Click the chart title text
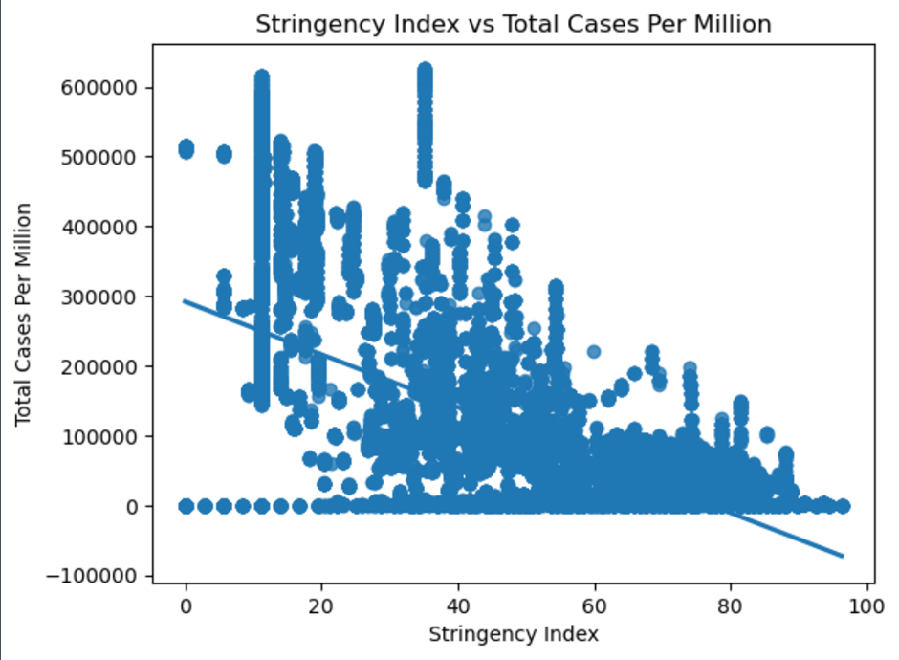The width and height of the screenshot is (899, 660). pyautogui.click(x=513, y=25)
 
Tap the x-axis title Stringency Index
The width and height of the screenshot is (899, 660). pyautogui.click(x=514, y=634)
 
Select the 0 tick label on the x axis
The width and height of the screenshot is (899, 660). pyautogui.click(x=186, y=605)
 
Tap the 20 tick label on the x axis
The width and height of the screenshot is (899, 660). pyautogui.click(x=322, y=605)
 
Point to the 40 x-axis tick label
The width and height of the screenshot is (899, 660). pyautogui.click(x=459, y=605)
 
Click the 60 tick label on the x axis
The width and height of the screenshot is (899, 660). pyautogui.click(x=596, y=605)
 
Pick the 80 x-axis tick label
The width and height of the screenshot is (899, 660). pyautogui.click(x=732, y=605)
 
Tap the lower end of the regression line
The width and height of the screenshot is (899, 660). pyautogui.click(x=843, y=555)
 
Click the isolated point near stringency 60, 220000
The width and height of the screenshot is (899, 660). pyautogui.click(x=594, y=351)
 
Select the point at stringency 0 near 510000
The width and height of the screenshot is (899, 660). pyautogui.click(x=186, y=149)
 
